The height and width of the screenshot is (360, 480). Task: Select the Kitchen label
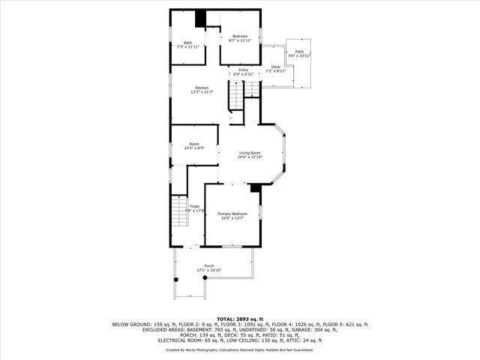[202, 89]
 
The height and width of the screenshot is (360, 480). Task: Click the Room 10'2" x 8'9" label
[194, 145]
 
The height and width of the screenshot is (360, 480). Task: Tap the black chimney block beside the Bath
[200, 19]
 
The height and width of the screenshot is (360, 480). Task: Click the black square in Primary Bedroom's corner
[255, 188]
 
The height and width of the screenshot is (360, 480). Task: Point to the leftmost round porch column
[176, 279]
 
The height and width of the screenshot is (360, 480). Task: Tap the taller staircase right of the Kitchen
[237, 97]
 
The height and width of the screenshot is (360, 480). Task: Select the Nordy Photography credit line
[239, 349]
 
